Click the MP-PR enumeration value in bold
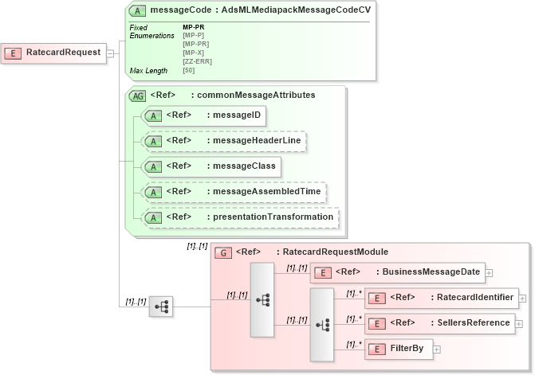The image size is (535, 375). tap(193, 27)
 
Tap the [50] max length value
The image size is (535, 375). tap(189, 71)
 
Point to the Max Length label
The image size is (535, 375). tap(148, 71)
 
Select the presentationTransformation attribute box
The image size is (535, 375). tap(239, 217)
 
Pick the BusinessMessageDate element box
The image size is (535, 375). tap(397, 272)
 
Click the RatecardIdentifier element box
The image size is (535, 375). tap(441, 298)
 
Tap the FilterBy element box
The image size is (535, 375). tap(399, 349)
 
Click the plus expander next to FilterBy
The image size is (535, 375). tap(437, 349)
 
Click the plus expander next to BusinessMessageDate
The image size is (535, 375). tap(489, 272)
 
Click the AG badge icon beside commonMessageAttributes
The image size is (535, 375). tap(137, 95)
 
